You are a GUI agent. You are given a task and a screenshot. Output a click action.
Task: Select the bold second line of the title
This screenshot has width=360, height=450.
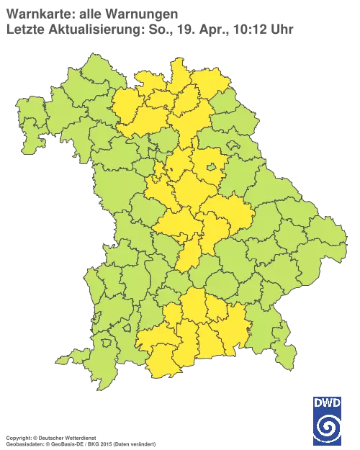[x=86, y=29]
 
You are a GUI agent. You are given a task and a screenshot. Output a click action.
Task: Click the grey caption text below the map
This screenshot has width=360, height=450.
[x=79, y=437]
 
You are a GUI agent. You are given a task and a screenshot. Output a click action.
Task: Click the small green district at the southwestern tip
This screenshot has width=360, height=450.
[x=65, y=358]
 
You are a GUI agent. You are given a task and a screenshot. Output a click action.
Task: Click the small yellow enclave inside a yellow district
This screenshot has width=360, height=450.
[x=212, y=168]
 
